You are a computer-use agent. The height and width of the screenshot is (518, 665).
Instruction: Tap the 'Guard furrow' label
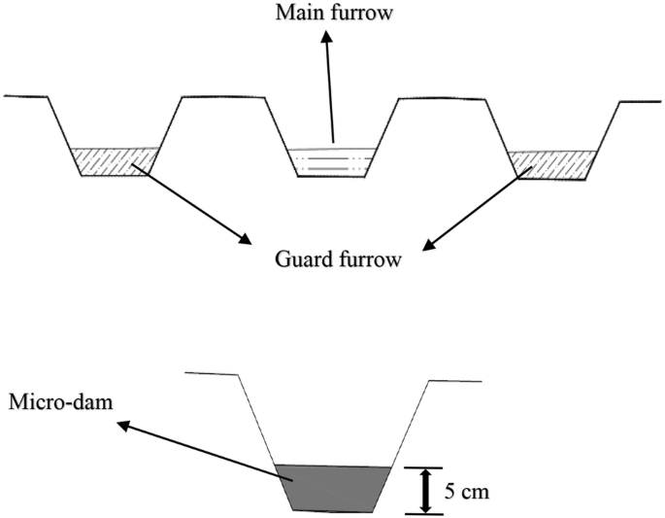(x=338, y=260)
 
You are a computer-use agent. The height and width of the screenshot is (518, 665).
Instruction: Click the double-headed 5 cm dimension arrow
(x=423, y=491)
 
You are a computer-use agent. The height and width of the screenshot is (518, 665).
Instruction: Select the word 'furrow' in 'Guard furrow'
(x=366, y=260)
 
